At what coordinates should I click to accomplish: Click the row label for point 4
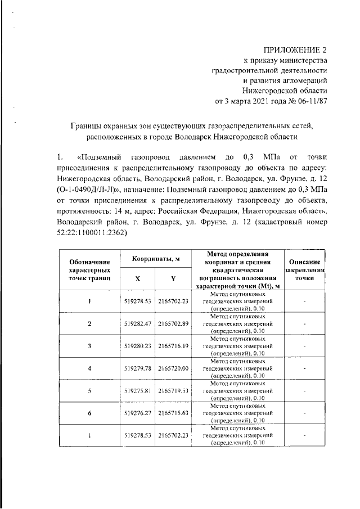[x=89, y=368]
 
